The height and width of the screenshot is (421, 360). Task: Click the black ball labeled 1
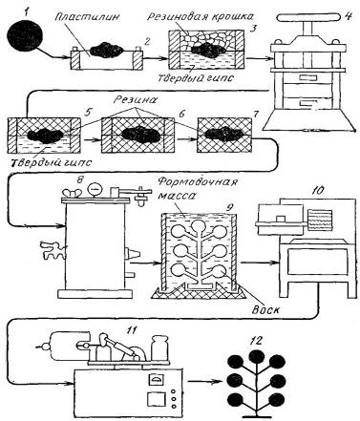point(25,33)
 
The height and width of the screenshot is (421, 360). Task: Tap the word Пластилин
point(87,16)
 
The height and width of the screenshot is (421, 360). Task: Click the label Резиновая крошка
point(201,16)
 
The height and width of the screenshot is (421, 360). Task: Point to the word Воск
point(265,309)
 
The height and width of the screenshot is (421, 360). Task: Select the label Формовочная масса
point(198,188)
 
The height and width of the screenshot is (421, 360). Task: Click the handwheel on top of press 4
point(309,17)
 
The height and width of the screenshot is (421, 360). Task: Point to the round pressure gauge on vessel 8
point(94,190)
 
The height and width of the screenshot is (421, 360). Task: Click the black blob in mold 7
point(224,135)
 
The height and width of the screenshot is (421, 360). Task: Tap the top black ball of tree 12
point(257,358)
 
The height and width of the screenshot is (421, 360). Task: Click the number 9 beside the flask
point(229,207)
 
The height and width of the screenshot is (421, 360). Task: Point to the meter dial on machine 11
point(156,380)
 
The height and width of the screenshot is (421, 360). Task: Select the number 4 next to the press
point(348,16)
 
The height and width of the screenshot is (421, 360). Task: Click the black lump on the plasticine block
point(107,51)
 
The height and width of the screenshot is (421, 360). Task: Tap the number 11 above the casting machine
point(130,330)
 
